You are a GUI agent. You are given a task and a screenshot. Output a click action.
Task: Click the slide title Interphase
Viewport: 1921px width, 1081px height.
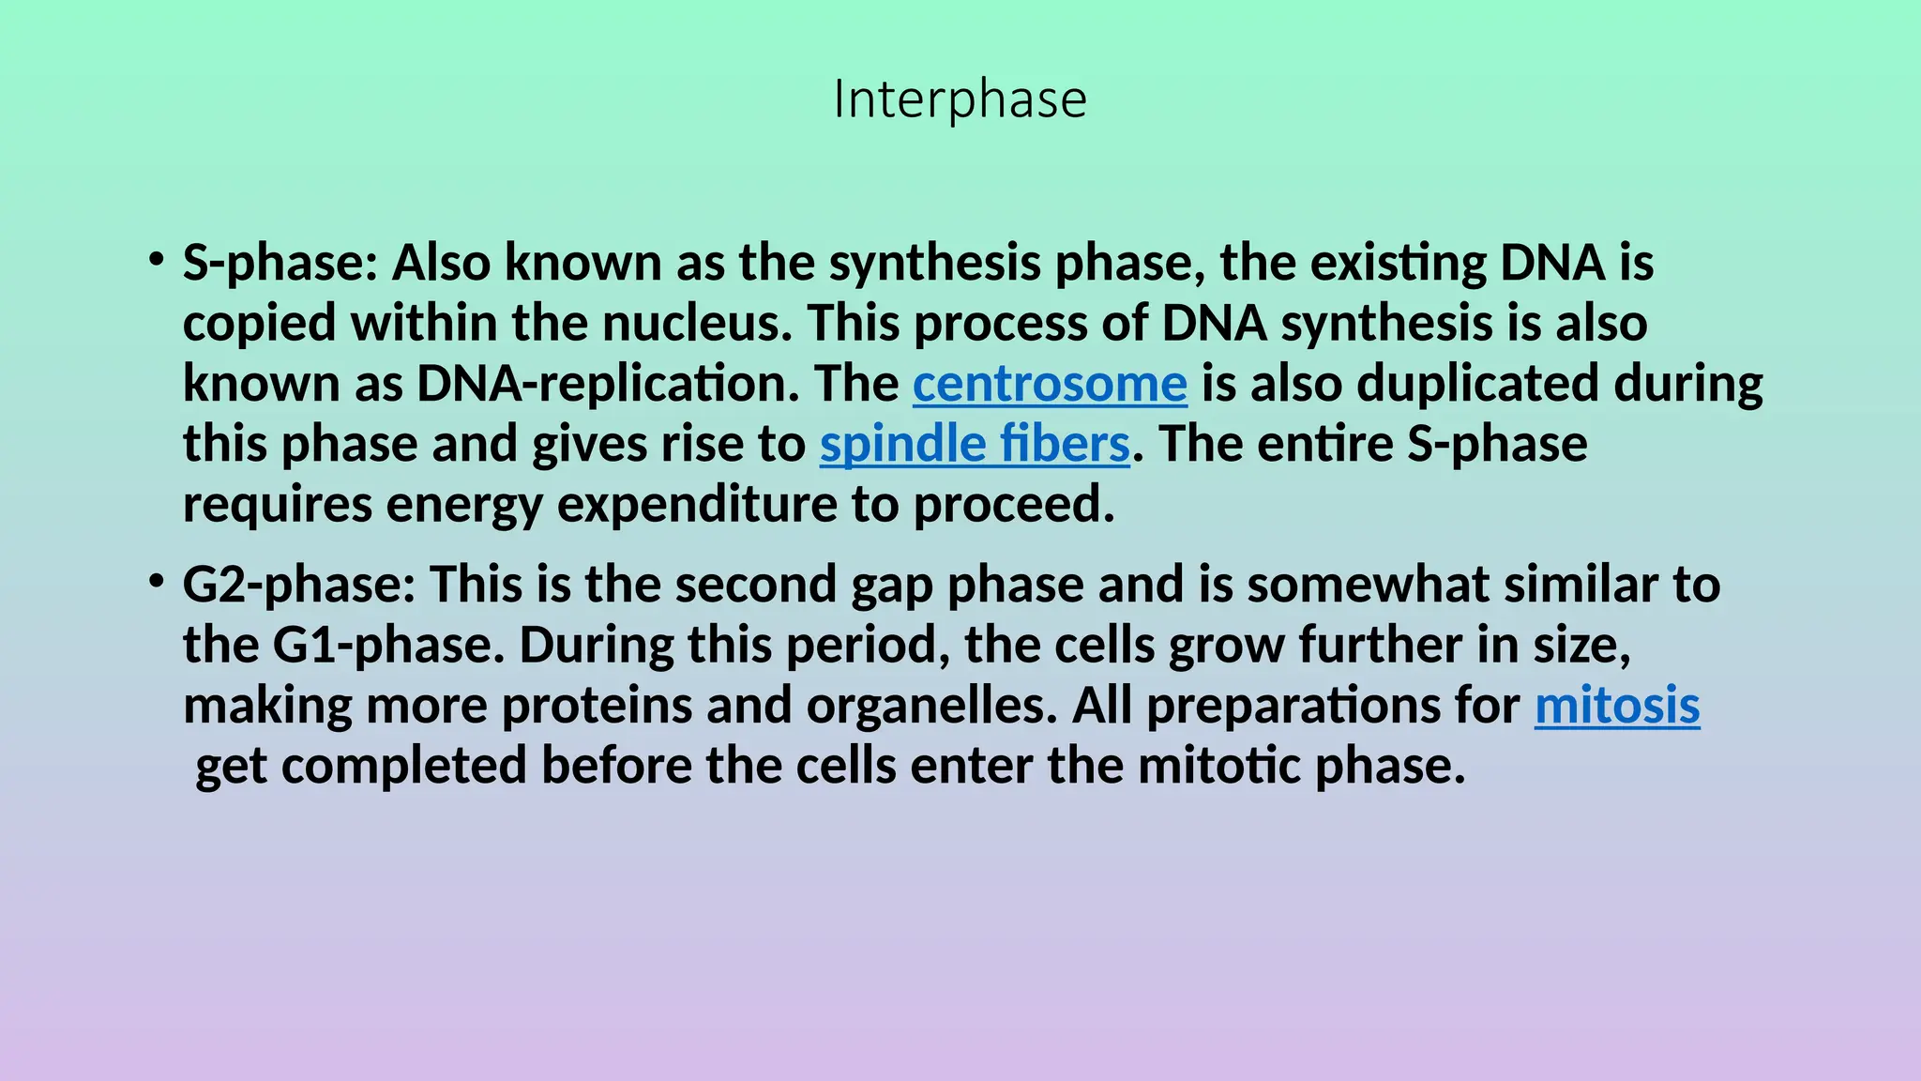(x=960, y=99)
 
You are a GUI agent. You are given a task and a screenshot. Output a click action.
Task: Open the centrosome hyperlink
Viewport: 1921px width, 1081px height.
(x=1050, y=384)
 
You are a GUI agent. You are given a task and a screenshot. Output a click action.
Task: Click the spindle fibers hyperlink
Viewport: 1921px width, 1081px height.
(x=975, y=444)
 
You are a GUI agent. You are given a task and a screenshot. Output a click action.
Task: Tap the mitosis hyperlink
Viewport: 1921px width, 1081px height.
(x=1617, y=706)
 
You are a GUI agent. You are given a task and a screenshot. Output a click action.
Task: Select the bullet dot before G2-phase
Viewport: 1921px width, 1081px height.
(x=157, y=582)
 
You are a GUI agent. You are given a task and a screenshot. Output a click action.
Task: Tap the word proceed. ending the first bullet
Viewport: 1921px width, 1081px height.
(x=1014, y=505)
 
